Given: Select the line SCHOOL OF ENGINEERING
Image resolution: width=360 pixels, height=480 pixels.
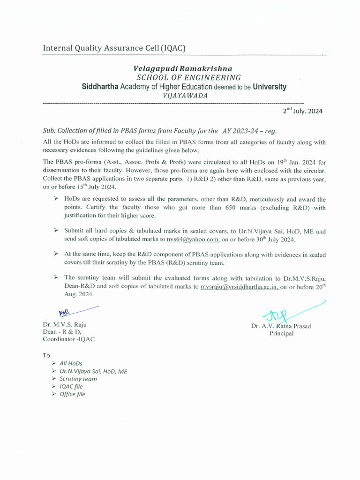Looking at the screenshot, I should click(x=188, y=77).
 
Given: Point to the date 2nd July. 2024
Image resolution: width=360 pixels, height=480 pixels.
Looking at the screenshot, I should click(x=302, y=111).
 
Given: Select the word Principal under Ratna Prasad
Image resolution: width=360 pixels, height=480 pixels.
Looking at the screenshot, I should click(x=281, y=333).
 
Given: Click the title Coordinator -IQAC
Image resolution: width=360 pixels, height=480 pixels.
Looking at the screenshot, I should click(x=68, y=339).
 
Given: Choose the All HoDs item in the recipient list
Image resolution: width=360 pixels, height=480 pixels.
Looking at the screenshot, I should click(x=71, y=363).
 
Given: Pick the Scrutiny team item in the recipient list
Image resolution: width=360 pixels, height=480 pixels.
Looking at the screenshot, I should click(x=78, y=379).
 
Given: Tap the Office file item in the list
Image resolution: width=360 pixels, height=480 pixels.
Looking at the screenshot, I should click(x=72, y=394).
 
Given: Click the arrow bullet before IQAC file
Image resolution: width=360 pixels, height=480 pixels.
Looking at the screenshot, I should click(x=53, y=386).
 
